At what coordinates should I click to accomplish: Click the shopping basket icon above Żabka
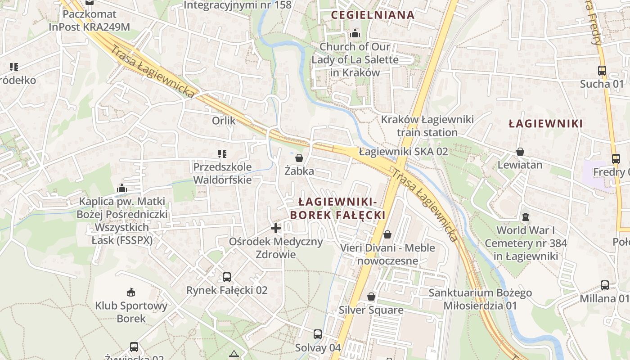[299, 158]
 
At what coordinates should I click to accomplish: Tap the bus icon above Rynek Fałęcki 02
[227, 277]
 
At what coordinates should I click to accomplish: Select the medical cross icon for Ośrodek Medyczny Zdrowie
[276, 228]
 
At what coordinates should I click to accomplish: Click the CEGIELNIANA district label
[373, 15]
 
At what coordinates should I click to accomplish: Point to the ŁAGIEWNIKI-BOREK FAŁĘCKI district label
[337, 208]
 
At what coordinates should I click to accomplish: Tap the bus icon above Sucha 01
[602, 71]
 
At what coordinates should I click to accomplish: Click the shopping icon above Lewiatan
[520, 152]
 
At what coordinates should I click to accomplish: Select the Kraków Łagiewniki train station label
[427, 126]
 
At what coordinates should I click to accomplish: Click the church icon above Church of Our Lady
[355, 33]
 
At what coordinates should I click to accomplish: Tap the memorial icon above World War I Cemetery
[525, 217]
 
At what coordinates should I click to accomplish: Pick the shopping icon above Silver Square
[371, 297]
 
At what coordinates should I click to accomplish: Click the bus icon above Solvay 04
[318, 334]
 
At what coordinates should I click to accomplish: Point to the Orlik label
[224, 121]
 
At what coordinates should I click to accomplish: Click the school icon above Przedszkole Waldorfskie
[222, 154]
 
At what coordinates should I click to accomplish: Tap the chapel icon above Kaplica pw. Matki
[121, 188]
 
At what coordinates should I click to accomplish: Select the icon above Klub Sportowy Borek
[131, 292]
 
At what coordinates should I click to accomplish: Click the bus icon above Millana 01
[605, 285]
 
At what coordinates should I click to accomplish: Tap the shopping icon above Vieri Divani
[387, 234]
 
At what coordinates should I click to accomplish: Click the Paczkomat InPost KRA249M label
[89, 21]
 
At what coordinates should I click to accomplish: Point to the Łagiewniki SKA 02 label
[404, 152]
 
